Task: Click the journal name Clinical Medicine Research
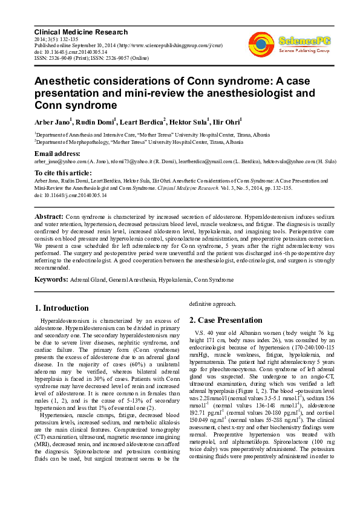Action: [x=80, y=32]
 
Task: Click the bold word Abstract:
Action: [x=49, y=216]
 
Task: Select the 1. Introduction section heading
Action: [x=62, y=307]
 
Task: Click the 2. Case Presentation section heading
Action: [x=226, y=320]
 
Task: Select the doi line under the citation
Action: [x=70, y=195]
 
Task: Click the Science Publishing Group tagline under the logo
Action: [x=304, y=51]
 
